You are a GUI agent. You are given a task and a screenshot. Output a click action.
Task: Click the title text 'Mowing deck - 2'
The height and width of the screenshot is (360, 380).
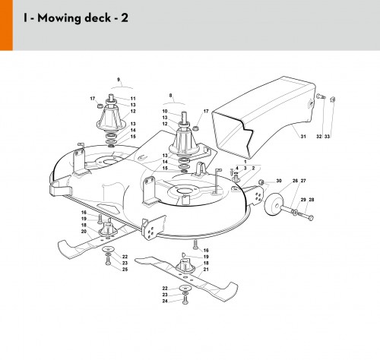(x=83, y=18)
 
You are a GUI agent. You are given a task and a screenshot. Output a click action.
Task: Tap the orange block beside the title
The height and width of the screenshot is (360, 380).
(x=6, y=25)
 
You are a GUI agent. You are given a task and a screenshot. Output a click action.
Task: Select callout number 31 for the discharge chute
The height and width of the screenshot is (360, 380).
(x=303, y=137)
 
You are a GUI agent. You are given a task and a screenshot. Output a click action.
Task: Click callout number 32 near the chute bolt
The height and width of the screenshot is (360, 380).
(x=319, y=137)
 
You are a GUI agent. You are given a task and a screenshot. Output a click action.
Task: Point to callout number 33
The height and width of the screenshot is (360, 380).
(x=327, y=137)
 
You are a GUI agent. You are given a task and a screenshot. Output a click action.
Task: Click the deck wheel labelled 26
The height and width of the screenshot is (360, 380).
(x=274, y=204)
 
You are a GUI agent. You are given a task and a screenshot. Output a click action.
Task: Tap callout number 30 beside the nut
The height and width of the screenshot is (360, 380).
(x=279, y=181)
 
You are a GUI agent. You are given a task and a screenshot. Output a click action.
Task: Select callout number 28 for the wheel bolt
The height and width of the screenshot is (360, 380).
(x=312, y=200)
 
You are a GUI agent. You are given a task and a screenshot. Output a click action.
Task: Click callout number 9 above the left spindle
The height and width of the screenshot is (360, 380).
(x=119, y=80)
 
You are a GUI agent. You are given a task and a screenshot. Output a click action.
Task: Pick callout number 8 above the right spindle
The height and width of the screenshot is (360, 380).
(x=170, y=96)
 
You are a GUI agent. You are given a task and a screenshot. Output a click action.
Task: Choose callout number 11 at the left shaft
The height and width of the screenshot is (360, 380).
(x=133, y=99)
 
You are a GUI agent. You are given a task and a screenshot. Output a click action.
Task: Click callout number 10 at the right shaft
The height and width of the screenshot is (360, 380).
(x=165, y=111)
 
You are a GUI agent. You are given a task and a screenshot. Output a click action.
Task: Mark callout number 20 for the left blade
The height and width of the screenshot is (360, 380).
(x=84, y=232)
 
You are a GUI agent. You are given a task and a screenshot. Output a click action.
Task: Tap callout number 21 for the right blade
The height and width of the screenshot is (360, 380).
(x=206, y=270)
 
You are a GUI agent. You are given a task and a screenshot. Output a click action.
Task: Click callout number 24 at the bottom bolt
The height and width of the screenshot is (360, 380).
(x=165, y=301)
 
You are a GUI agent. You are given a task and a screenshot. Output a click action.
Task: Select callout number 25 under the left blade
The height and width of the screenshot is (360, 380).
(x=125, y=270)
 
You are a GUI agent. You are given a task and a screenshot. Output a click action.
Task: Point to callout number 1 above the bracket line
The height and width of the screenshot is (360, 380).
(x=245, y=162)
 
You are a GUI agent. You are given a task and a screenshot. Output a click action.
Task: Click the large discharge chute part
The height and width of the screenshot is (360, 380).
(x=264, y=115)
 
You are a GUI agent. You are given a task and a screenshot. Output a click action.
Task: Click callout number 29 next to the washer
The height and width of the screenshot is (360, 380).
(x=303, y=200)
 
